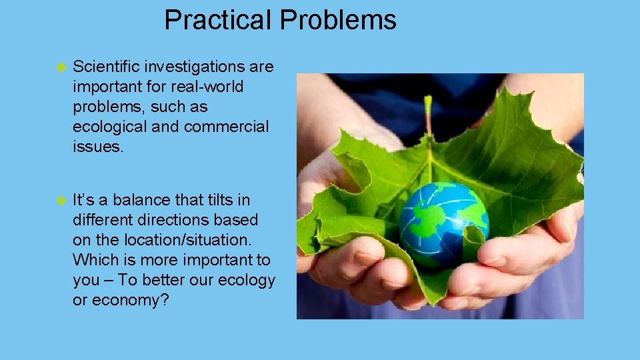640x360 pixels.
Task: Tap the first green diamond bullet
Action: (x=61, y=67)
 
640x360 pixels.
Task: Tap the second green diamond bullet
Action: (x=61, y=200)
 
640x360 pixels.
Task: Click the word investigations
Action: (x=193, y=67)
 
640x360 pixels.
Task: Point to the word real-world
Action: (x=208, y=87)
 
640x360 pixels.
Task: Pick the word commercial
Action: (x=226, y=127)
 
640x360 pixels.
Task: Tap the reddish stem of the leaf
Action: (x=428, y=117)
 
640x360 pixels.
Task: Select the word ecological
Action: (x=110, y=127)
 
